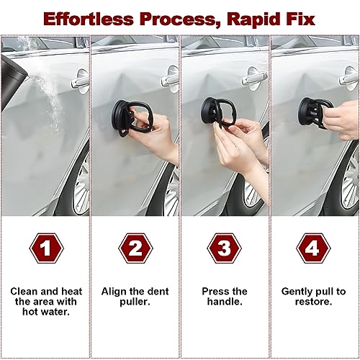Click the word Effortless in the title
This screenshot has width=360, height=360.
(x=89, y=19)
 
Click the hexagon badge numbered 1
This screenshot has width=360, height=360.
(x=47, y=248)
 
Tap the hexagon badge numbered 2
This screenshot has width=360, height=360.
(x=135, y=248)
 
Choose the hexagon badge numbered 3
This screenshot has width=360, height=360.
(x=225, y=248)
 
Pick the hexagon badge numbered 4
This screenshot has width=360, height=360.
(x=313, y=248)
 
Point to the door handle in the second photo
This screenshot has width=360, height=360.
(x=171, y=78)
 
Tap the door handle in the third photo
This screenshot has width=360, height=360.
(x=253, y=78)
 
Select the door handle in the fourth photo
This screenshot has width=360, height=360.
(x=349, y=78)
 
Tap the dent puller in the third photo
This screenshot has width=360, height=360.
(x=217, y=112)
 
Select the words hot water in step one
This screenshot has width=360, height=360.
(x=46, y=312)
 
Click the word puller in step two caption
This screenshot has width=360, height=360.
(x=135, y=302)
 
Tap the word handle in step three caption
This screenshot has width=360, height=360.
(x=225, y=302)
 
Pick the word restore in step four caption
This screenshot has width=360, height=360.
(x=313, y=302)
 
